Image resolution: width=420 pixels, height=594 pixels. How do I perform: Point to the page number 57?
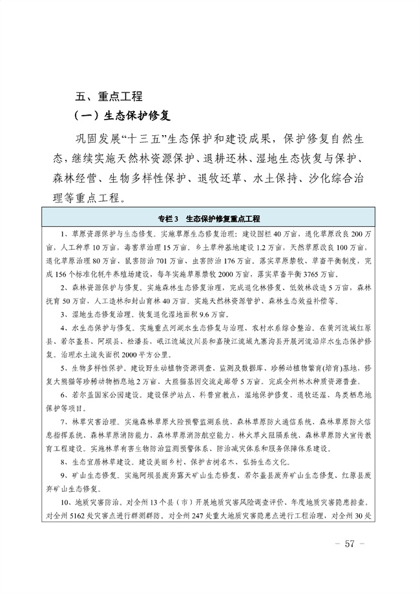tap(351, 543)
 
